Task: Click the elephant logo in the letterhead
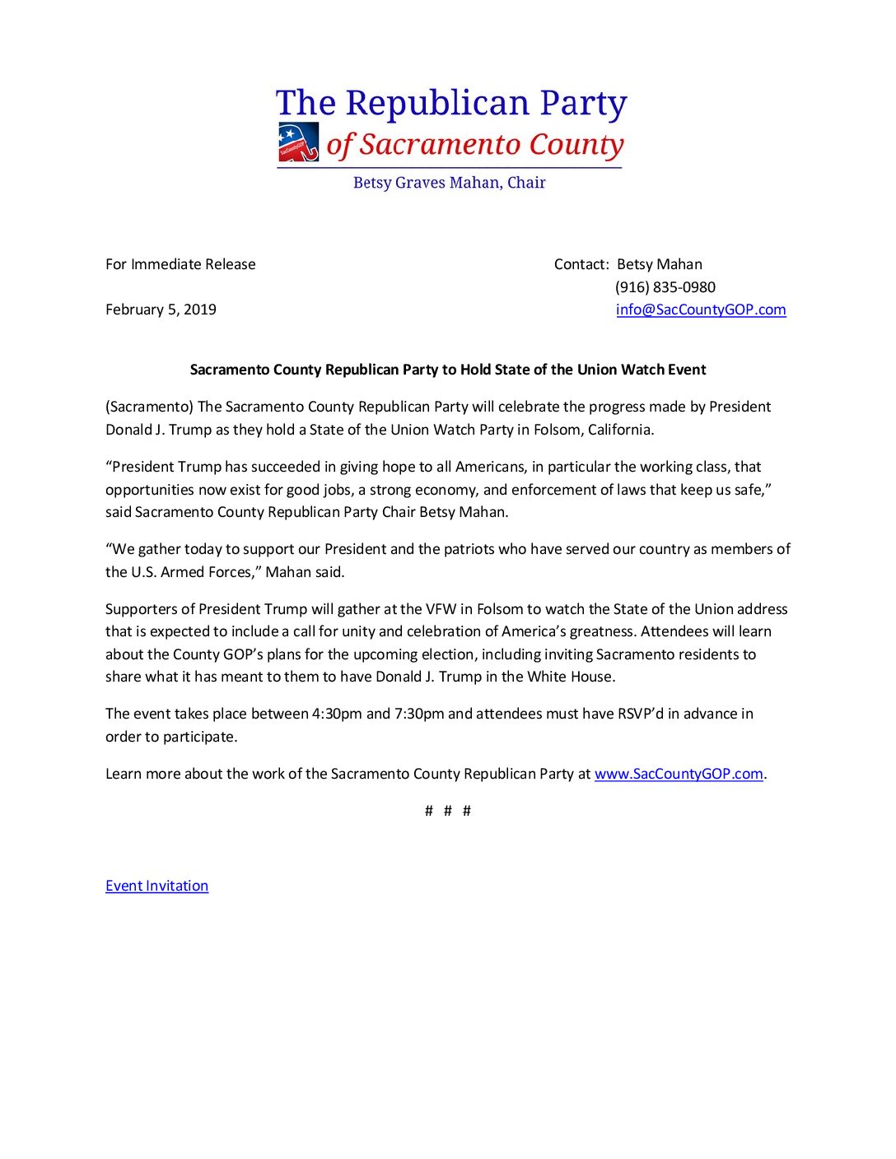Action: click(x=298, y=142)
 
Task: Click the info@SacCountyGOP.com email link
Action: click(x=701, y=310)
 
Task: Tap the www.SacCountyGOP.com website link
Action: click(x=679, y=774)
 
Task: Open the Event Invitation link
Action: click(x=156, y=886)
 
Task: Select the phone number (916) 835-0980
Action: click(x=665, y=287)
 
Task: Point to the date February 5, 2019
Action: click(x=161, y=310)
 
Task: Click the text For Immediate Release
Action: click(x=180, y=264)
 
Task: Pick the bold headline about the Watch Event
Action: click(x=448, y=370)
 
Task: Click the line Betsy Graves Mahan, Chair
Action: click(x=449, y=183)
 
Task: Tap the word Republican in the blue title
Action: click(x=437, y=104)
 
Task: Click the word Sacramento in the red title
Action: click(x=440, y=145)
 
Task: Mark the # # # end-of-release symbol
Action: click(x=448, y=811)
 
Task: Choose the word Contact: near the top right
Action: click(x=581, y=264)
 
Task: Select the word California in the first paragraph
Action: click(x=619, y=430)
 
